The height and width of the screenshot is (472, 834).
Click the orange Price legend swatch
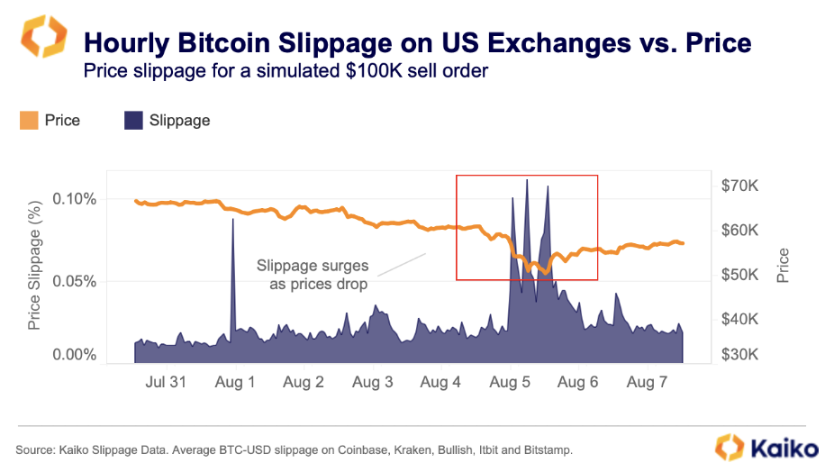click(29, 120)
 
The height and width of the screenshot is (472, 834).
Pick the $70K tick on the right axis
click(739, 186)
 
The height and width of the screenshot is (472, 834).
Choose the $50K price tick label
click(739, 274)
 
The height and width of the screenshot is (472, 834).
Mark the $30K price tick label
click(739, 355)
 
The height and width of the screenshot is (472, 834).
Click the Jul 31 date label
click(166, 382)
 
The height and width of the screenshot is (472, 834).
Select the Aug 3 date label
click(372, 382)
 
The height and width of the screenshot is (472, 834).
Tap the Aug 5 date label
click(509, 382)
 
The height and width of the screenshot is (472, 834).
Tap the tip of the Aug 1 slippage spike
click(233, 219)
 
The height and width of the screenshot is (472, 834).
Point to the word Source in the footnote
click(33, 449)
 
